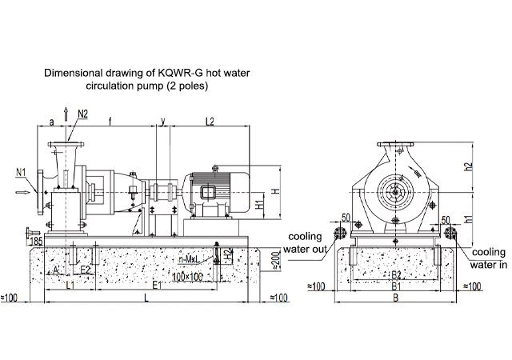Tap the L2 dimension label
click(x=210, y=122)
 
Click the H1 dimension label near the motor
click(x=261, y=204)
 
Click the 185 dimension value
click(x=35, y=240)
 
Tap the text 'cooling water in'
click(x=488, y=258)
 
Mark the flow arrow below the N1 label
click(x=22, y=191)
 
